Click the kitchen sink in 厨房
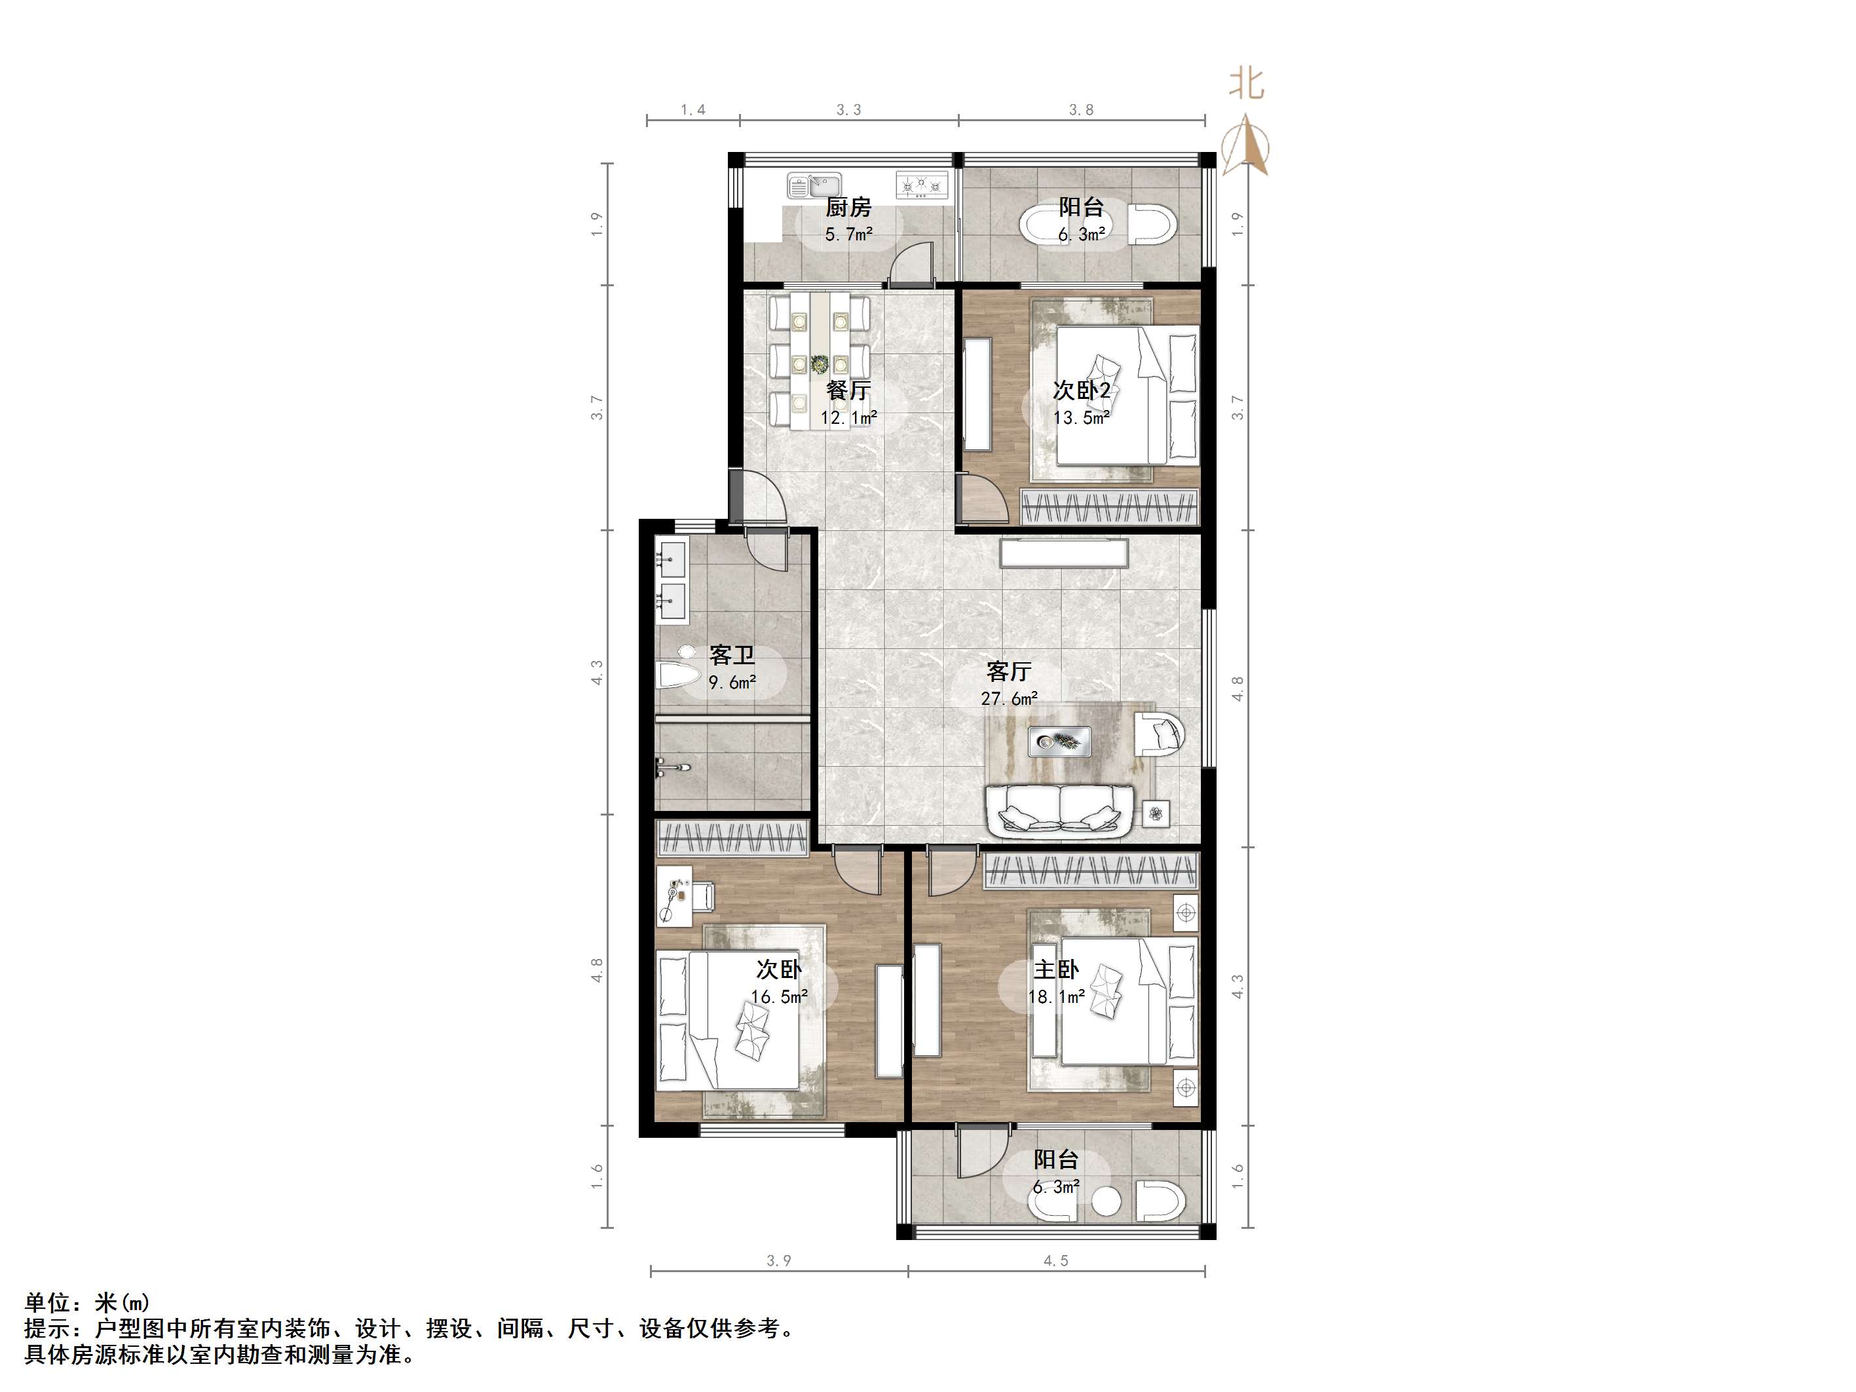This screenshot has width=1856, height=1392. click(x=814, y=185)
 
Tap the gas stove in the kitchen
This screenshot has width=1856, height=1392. click(x=922, y=185)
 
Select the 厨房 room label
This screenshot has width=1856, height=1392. click(x=848, y=207)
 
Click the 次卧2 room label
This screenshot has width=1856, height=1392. click(x=1082, y=390)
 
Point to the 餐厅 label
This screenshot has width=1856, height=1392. click(x=848, y=390)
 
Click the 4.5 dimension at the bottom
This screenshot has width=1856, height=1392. click(x=1055, y=1260)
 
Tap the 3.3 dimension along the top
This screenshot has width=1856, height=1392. click(x=848, y=110)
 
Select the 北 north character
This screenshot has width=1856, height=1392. click(x=1246, y=83)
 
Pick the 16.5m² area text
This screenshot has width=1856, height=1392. click(x=780, y=997)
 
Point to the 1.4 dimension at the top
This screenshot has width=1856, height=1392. click(x=693, y=110)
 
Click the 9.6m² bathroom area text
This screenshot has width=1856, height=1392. click(x=732, y=683)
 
